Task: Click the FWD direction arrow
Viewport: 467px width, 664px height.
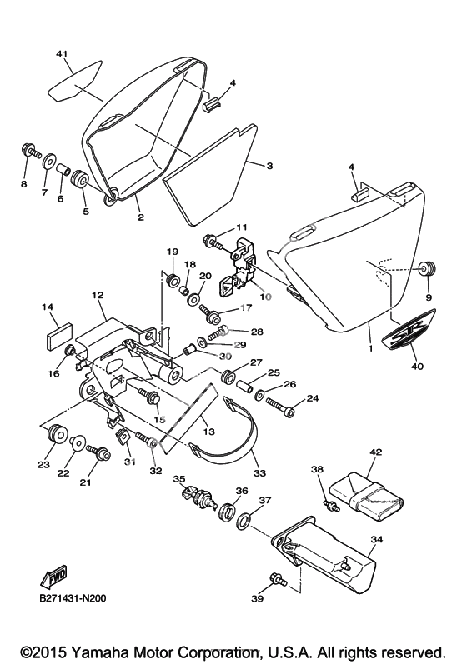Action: coord(53,577)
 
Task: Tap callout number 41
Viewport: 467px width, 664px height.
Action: coord(62,55)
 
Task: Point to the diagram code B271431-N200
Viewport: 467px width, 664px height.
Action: coord(73,598)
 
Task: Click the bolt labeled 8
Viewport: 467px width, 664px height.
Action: coord(30,151)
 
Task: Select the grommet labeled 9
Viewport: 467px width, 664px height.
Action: coord(428,268)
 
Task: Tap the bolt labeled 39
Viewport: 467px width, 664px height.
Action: coord(278,580)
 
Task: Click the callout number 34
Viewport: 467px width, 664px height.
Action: coord(376,540)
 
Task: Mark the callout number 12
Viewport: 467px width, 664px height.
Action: coord(98,295)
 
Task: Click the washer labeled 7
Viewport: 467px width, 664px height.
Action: coord(48,161)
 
